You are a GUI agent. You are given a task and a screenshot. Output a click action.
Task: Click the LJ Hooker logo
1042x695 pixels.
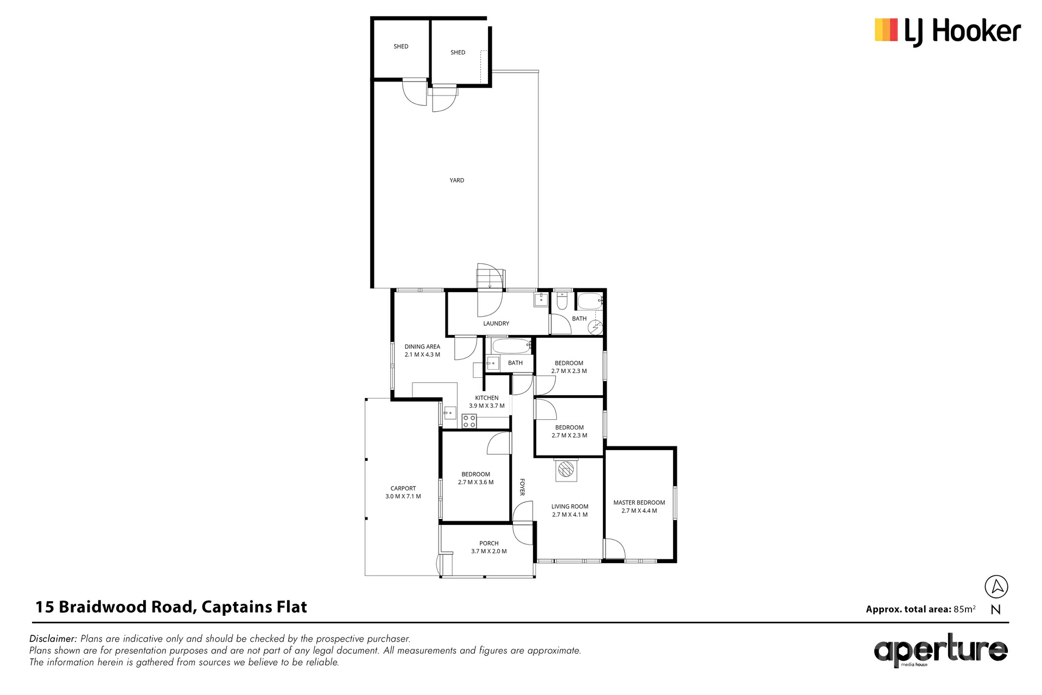click(x=948, y=31)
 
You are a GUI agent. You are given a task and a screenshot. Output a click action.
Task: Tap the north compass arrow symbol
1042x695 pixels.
click(x=996, y=587)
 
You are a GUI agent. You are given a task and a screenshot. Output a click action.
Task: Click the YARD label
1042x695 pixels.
click(x=457, y=180)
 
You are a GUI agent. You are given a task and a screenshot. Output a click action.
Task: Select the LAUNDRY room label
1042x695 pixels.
click(x=496, y=324)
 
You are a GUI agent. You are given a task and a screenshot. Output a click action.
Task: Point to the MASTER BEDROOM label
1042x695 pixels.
click(x=639, y=503)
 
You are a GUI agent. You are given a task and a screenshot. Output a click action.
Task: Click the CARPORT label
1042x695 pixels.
click(x=403, y=489)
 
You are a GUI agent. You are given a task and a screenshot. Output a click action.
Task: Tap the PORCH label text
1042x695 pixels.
click(x=489, y=544)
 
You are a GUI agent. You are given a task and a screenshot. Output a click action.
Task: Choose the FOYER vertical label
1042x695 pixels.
click(x=522, y=487)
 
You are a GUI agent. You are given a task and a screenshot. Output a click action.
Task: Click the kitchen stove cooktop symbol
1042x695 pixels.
click(x=469, y=421)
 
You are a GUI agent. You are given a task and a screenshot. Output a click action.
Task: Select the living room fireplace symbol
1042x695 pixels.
click(x=566, y=470)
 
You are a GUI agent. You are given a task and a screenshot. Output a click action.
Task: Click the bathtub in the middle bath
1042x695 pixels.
click(x=511, y=346)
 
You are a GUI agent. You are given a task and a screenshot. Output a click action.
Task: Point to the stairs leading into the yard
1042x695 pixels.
click(x=491, y=277)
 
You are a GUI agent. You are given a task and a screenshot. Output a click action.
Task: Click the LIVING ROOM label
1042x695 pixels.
click(x=570, y=507)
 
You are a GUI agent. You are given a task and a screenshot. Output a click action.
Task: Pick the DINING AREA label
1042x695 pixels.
click(x=422, y=347)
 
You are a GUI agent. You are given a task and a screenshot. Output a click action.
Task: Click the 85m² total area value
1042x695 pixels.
click(x=964, y=609)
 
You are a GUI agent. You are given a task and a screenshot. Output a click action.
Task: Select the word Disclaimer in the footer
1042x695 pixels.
click(x=53, y=639)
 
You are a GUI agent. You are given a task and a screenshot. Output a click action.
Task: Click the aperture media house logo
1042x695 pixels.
click(x=941, y=650)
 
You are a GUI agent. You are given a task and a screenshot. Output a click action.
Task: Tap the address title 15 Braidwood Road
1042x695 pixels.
click(x=115, y=607)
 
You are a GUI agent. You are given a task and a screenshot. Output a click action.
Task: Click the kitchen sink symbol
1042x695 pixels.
click(x=449, y=413)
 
